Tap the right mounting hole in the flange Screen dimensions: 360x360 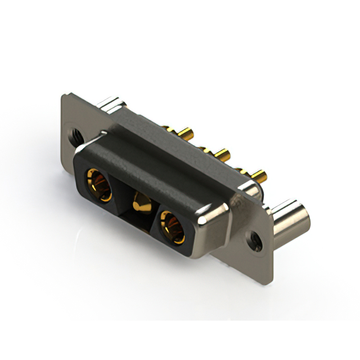tap(256, 241)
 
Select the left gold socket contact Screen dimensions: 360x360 tap(98, 185)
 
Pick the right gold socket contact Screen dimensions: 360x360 tap(172, 227)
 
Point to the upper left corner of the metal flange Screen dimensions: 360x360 tap(63, 97)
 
